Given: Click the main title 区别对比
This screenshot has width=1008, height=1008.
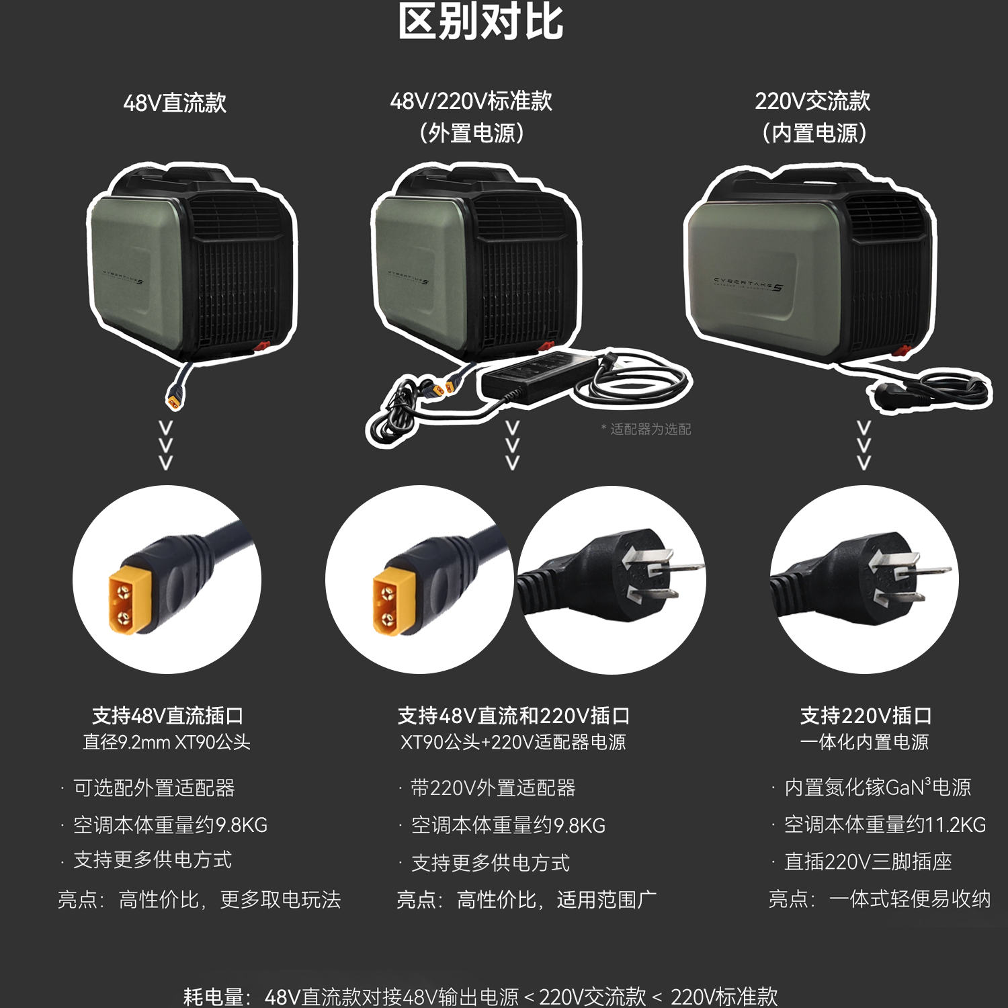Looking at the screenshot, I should click(480, 22).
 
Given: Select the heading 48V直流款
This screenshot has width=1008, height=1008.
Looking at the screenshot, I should click(175, 103).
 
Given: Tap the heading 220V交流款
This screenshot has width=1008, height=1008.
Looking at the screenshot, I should click(812, 101).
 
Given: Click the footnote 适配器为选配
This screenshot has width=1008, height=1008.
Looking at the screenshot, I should click(647, 429).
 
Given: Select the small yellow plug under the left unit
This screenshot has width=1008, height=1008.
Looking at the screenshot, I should click(174, 399).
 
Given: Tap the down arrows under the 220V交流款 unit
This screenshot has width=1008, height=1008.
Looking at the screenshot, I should click(864, 445).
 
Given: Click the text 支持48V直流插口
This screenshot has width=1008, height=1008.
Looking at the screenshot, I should click(167, 716).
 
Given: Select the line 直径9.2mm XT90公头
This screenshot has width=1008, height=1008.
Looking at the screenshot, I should click(167, 743).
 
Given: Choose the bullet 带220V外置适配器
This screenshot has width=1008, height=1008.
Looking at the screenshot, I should click(493, 788).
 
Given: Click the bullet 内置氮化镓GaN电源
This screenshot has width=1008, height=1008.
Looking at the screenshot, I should click(877, 787).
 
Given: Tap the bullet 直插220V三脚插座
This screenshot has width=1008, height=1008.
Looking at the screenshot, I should click(868, 862).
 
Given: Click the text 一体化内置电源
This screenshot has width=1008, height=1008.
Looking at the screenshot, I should click(864, 743).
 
